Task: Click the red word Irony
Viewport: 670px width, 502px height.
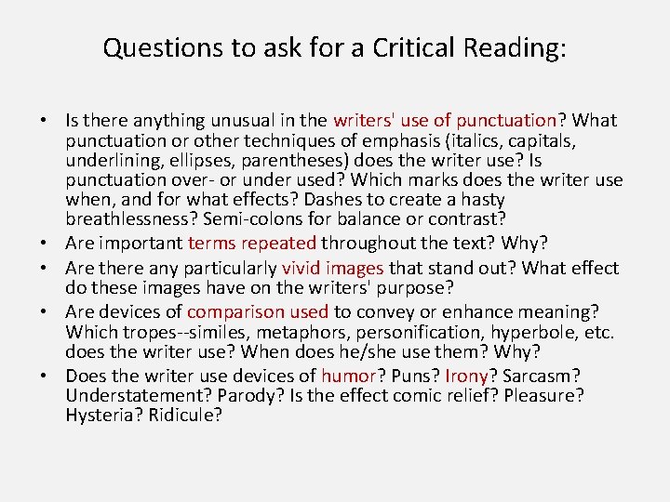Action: coord(468,376)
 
